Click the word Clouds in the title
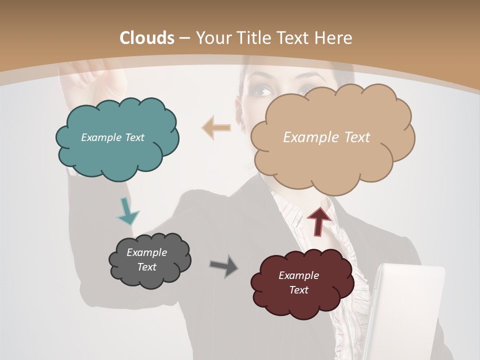pos(147,38)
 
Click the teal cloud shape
pos(117,150)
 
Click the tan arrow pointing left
pos(216,128)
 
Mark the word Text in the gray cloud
pos(146,267)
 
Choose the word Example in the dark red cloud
pos(298,275)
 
